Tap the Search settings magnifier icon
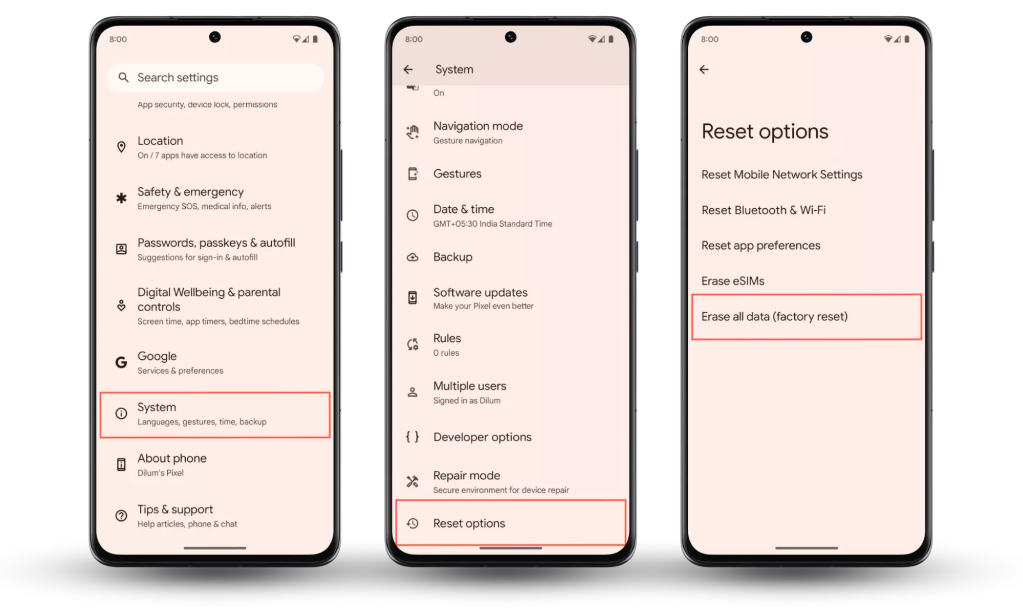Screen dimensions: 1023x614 coord(123,77)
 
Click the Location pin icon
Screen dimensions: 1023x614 coord(121,147)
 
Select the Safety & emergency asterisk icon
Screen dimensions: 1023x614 coord(121,198)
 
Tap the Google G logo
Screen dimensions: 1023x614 coord(121,362)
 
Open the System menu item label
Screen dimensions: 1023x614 coord(157,407)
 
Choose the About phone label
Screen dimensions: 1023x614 coord(172,458)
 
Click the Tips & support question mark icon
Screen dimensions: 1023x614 coord(121,515)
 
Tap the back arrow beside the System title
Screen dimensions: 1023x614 coord(408,69)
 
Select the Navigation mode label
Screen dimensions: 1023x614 coord(478,126)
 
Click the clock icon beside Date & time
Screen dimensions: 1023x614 coord(412,215)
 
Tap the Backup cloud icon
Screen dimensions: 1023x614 coord(412,257)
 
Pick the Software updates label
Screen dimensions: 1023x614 coord(480,292)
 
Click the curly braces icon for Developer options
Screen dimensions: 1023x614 coord(412,436)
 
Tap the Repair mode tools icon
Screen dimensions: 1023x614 coord(412,481)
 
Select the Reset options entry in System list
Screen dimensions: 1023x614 coord(469,523)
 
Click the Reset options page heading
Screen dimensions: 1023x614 coord(765,131)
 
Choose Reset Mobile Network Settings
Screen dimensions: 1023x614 coord(781,174)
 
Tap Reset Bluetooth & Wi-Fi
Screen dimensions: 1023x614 coord(764,210)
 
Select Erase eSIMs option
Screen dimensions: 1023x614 coord(733,281)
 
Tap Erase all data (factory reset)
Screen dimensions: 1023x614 coord(774,316)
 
